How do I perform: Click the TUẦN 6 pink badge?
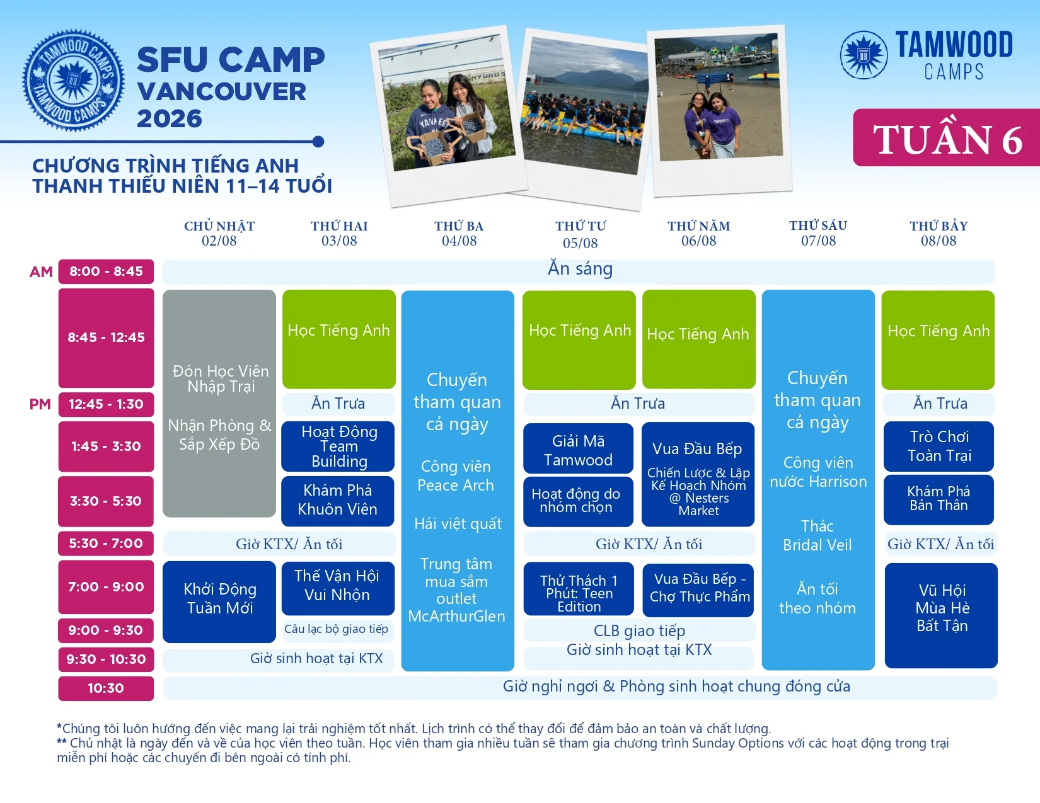coord(946,138)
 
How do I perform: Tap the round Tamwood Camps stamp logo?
coord(73,81)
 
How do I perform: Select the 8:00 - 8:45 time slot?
coord(106,271)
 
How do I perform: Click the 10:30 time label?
coord(106,688)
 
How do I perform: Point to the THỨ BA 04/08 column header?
coord(459,233)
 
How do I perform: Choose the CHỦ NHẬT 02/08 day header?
coord(219,233)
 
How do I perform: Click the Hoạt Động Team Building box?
coord(338,447)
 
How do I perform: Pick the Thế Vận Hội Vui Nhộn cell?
coord(338,588)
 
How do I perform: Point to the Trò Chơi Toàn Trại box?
coord(939,447)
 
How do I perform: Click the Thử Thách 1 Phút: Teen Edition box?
coord(579,589)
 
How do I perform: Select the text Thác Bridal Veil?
coord(818,536)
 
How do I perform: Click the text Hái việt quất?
coord(458,524)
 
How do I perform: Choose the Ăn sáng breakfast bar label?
coord(580,269)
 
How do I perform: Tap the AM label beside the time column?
coord(41,271)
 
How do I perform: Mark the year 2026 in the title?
coord(170,118)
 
